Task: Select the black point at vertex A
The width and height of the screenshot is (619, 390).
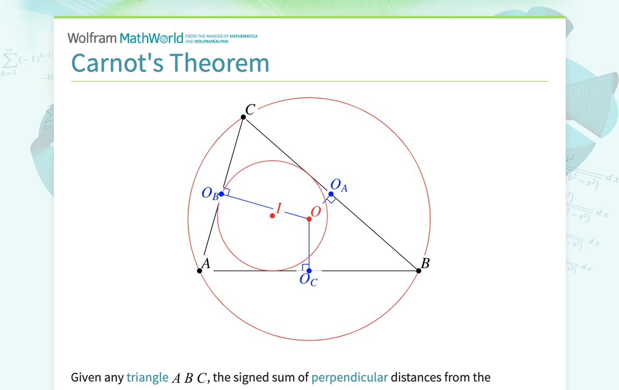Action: coord(200,270)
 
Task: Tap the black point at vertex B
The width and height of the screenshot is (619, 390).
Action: coord(419,270)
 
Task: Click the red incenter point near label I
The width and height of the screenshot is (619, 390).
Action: coord(272,215)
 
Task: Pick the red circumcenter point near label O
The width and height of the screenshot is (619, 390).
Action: coord(309,219)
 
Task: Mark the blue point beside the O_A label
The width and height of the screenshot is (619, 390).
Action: coord(331,194)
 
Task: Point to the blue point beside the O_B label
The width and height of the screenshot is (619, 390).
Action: coord(221,193)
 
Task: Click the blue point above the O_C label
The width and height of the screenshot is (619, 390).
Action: coord(309,270)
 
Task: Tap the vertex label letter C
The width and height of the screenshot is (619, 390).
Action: coord(250,110)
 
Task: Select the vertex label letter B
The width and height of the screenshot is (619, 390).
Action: coord(425,263)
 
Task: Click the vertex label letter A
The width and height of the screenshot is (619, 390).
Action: coord(205,263)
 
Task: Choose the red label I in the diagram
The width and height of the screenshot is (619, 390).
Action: coord(279,208)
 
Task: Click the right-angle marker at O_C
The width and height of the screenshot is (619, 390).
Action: coord(305,267)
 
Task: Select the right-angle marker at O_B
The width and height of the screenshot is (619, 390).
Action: coord(227,192)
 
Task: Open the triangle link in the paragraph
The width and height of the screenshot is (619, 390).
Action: coord(147,378)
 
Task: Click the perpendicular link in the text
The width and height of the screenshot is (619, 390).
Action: coord(349,378)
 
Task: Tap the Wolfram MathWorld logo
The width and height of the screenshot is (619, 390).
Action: coord(129,38)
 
